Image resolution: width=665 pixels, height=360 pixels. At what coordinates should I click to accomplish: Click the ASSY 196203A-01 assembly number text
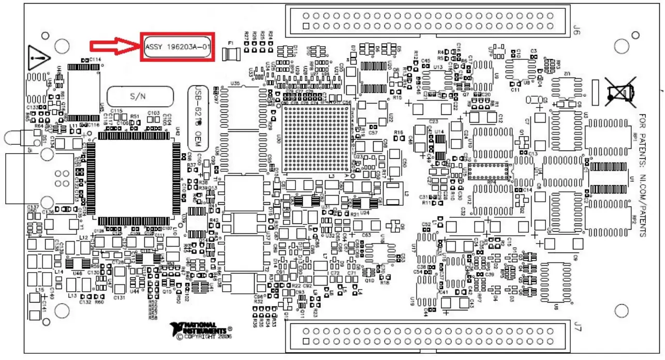click(178, 47)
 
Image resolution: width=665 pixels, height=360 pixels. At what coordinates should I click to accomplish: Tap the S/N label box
click(140, 96)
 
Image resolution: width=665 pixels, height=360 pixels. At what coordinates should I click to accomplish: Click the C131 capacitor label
click(120, 298)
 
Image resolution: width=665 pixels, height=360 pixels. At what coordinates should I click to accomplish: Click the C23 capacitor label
click(434, 121)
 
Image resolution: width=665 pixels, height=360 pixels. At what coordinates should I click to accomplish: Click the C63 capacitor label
click(366, 235)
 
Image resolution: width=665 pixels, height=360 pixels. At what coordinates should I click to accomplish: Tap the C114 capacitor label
click(95, 60)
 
